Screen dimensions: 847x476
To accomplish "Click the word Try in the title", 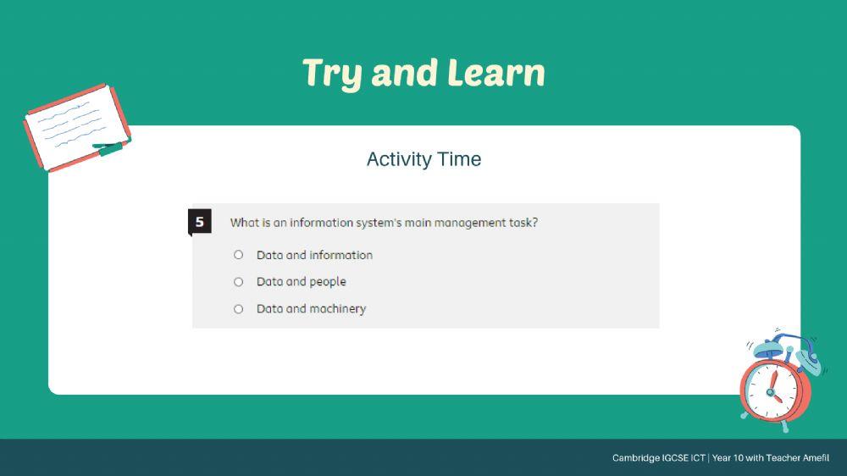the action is click(332, 73).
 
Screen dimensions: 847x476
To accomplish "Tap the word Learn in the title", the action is click(496, 72).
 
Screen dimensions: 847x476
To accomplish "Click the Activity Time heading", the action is click(423, 159).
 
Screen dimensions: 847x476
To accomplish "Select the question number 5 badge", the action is click(199, 222).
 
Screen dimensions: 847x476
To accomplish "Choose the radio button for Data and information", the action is click(238, 254).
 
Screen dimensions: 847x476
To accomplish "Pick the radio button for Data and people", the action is click(238, 281).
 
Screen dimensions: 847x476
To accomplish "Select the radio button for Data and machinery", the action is click(238, 309).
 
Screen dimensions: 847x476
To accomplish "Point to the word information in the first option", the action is click(340, 255).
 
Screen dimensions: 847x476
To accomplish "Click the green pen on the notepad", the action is click(112, 147).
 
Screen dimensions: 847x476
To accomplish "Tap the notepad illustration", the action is click(77, 128).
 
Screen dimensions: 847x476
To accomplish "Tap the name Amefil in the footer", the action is click(816, 457).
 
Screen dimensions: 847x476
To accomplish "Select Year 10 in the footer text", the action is click(728, 457).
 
